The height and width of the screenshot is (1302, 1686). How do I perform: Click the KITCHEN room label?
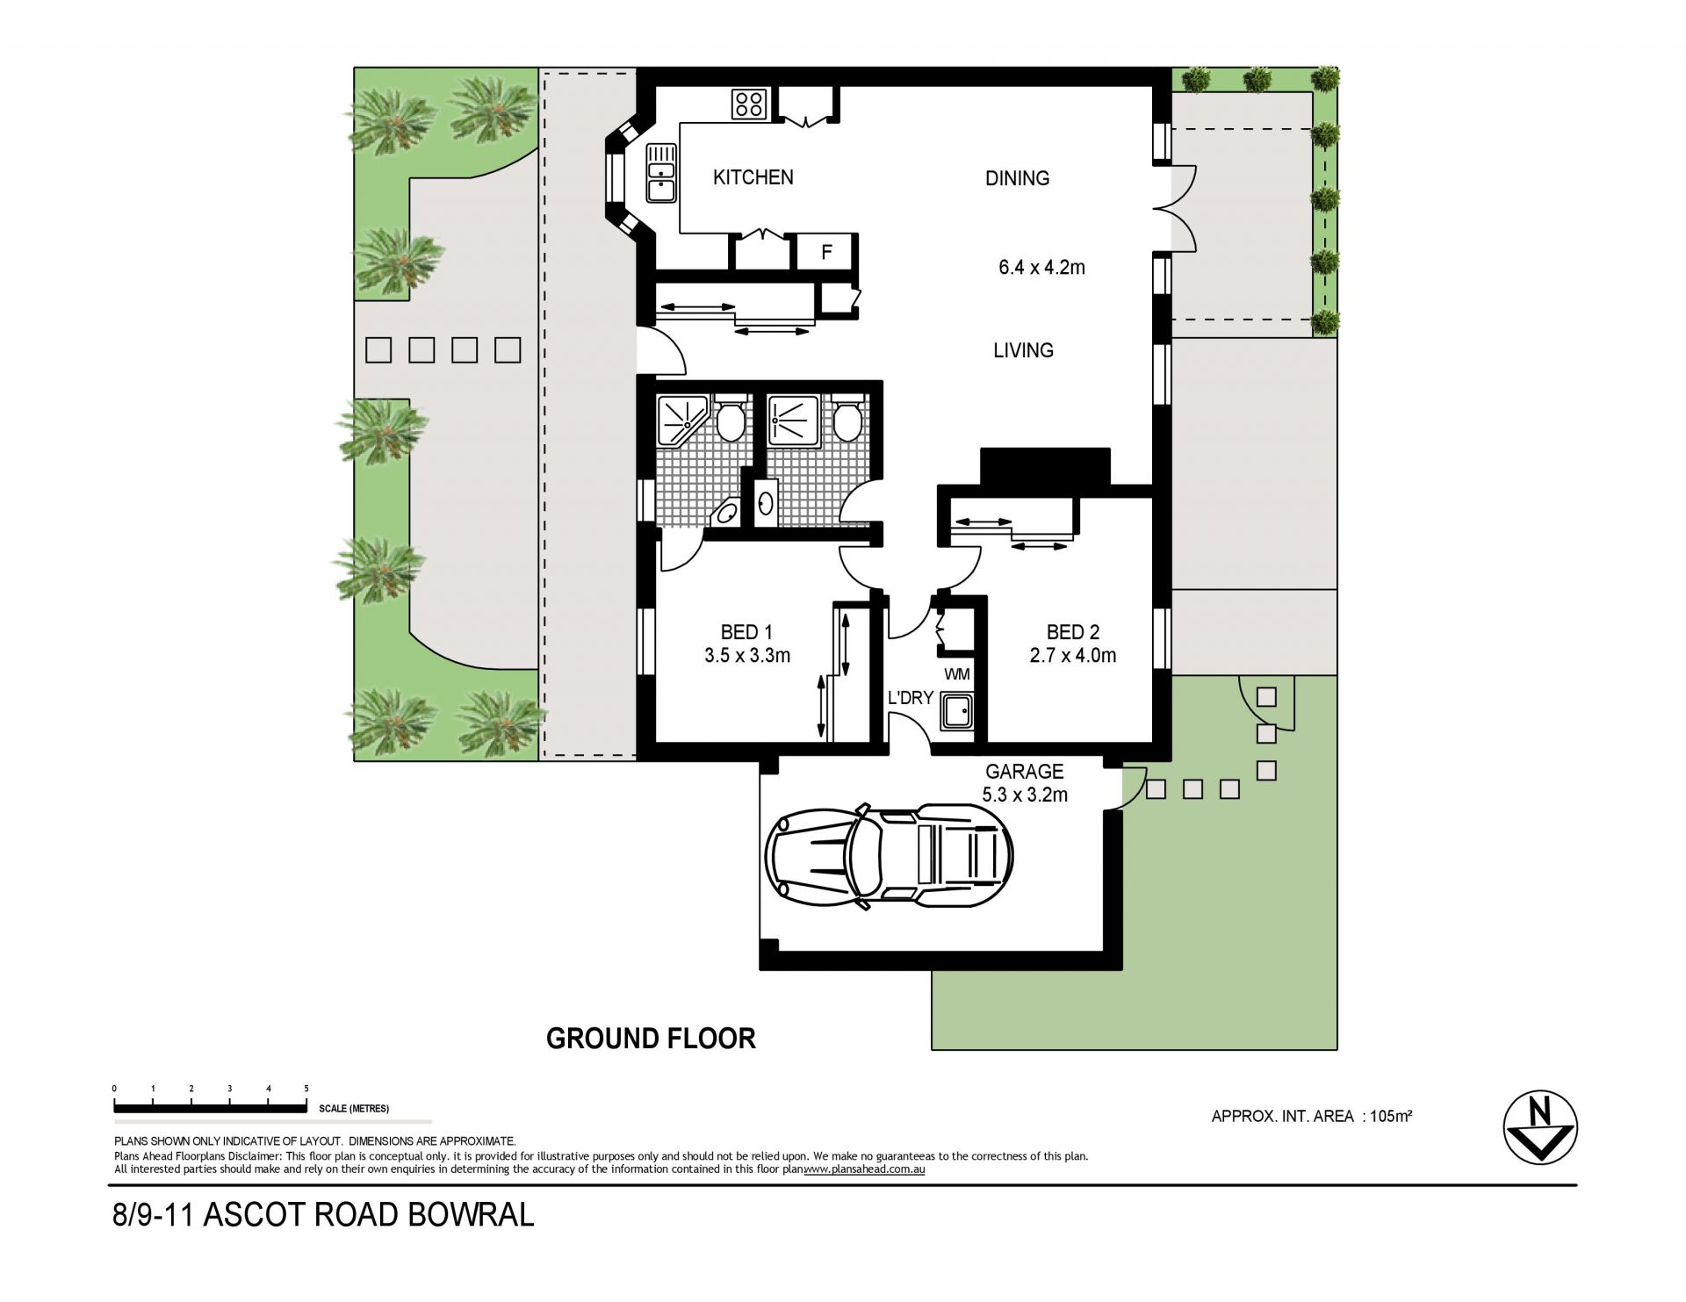753,177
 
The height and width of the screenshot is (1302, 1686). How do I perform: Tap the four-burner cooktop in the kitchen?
750,105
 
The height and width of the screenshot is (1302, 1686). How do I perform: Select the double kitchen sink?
660,173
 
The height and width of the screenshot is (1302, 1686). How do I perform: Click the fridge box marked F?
826,253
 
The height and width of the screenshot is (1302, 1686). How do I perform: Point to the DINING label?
1017,178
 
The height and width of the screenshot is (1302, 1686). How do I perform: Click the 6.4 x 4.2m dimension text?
1041,268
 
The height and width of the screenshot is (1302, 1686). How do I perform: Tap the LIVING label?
1023,350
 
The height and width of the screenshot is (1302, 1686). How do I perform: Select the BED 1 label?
746,632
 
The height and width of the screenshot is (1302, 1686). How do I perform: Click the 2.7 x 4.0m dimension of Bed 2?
1073,655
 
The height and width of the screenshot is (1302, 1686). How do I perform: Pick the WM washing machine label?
957,674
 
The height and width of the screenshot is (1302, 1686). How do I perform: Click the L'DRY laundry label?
911,698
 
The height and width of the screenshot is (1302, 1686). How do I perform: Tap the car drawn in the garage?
890,854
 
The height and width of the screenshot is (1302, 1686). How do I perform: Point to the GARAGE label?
1024,772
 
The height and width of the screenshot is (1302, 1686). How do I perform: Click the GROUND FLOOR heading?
651,1039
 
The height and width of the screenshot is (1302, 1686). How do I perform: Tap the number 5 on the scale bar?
306,1089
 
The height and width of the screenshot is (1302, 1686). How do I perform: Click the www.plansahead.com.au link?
865,1169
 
